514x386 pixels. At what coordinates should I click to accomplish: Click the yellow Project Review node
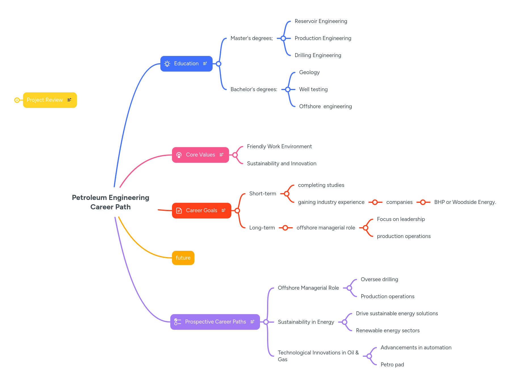[45, 100]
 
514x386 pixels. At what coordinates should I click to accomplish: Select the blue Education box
[186, 64]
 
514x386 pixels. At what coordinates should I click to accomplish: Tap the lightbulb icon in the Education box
[167, 64]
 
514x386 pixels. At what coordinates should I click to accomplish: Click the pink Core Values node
[200, 155]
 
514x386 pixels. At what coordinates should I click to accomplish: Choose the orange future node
[183, 258]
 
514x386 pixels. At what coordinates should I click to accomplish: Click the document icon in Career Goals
[179, 210]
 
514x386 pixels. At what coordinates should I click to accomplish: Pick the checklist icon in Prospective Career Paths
[178, 322]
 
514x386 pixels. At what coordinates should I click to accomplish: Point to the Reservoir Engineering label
[321, 21]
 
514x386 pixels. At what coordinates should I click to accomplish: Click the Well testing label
[313, 89]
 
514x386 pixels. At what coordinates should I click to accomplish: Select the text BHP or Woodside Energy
[465, 202]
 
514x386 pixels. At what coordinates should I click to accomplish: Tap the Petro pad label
[392, 365]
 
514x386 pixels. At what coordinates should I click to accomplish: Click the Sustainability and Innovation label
[282, 164]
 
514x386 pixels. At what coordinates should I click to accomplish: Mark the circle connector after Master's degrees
[283, 38]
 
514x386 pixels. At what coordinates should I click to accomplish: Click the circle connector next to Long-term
[285, 228]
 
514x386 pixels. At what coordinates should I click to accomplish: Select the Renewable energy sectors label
[388, 331]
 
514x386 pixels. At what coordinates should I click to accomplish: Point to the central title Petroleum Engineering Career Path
[110, 202]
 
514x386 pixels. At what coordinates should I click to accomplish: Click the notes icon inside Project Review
[69, 100]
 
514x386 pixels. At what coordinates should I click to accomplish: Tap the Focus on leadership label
[401, 219]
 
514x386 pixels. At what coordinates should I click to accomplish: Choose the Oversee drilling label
[379, 279]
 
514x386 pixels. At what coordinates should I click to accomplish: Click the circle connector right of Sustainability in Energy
[345, 322]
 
